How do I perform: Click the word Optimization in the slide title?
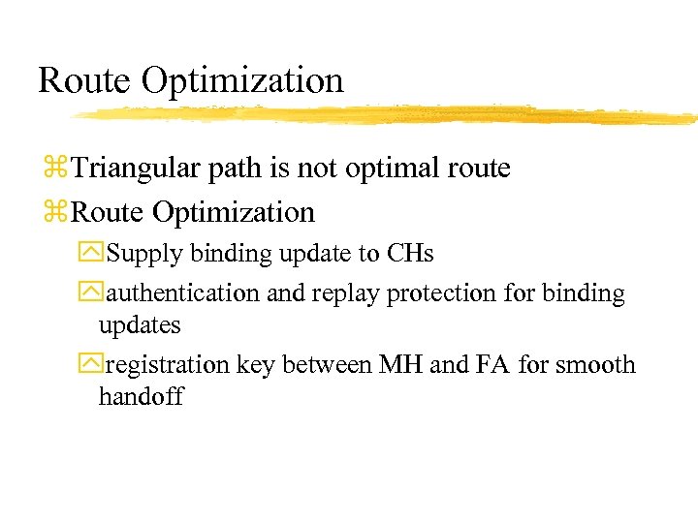242,81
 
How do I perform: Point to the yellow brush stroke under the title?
388,114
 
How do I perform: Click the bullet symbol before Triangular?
58,169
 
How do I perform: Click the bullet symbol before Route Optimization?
58,212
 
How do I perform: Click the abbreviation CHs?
410,254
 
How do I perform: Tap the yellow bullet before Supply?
95,255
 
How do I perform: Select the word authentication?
183,292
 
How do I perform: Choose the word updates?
140,325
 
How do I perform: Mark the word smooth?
595,365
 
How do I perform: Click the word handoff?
141,397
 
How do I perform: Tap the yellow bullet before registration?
95,366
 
